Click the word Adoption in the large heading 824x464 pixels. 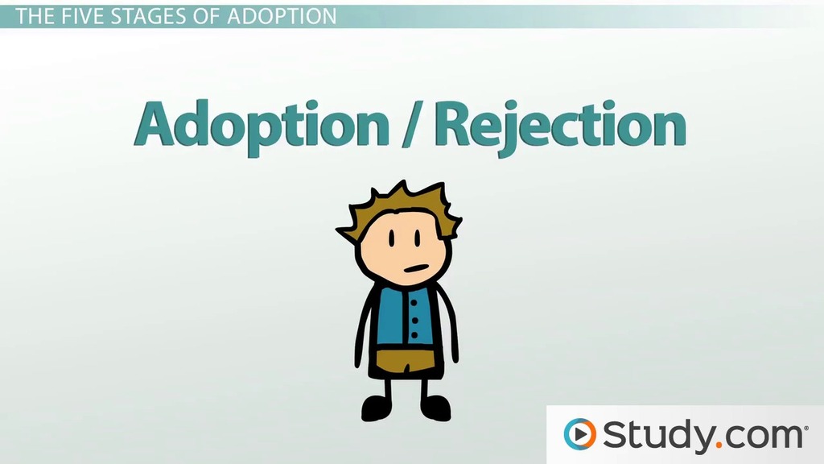click(262, 126)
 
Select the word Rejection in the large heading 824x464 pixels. click(560, 126)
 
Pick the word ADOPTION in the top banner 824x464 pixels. click(282, 16)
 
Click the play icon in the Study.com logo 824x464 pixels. click(580, 434)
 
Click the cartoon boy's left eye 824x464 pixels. click(392, 238)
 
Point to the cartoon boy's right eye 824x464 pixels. click(418, 238)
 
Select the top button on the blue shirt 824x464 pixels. click(414, 304)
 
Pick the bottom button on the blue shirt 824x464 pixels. click(414, 335)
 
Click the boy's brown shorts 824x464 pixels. click(406, 360)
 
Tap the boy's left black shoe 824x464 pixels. click(377, 408)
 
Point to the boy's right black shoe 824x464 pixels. click(435, 408)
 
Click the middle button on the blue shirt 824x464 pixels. click(414, 320)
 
